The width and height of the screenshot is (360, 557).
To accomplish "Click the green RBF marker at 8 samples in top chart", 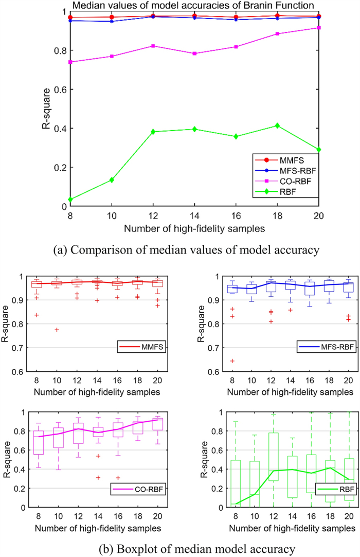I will pos(70,200).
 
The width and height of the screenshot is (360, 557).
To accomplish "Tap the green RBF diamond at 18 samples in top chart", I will pos(291,125).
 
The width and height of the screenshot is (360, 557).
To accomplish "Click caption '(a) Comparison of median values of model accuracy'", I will pos(179,252).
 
